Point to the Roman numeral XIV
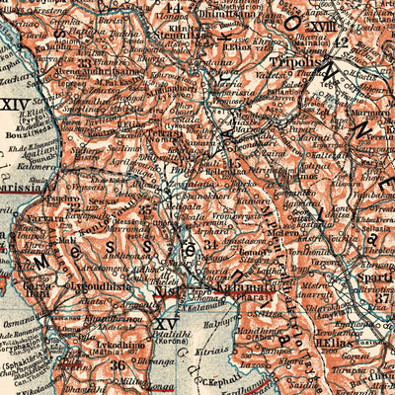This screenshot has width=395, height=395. pyautogui.click(x=14, y=103)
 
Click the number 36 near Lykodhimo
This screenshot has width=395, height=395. pyautogui.click(x=119, y=364)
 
